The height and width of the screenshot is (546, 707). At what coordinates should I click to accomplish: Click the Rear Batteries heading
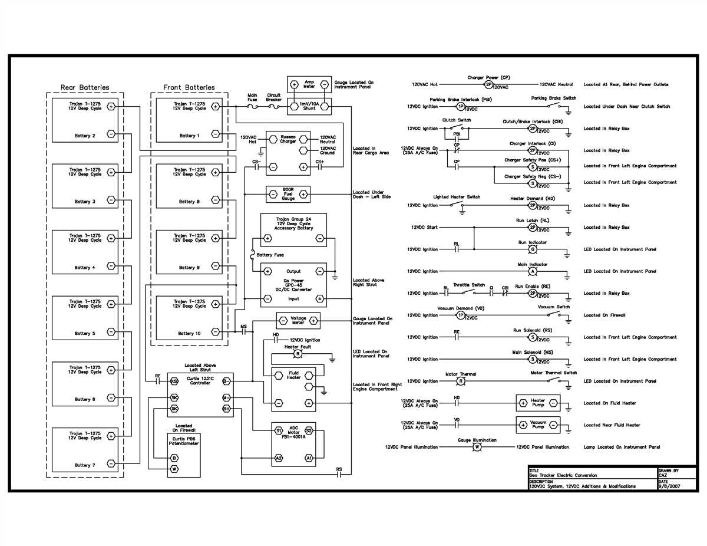coord(85,87)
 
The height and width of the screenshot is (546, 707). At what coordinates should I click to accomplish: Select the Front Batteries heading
coord(189,87)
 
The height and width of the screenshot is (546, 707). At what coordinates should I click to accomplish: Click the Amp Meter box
coord(309,84)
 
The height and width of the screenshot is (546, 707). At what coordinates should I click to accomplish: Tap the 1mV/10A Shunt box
coord(309,106)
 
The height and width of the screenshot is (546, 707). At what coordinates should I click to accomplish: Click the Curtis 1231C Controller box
coord(200,394)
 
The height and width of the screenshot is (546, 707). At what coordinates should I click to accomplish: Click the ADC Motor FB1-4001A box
coord(293,443)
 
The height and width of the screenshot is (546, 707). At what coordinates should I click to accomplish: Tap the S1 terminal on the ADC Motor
coord(279,431)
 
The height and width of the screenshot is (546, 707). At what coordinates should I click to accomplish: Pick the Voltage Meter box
coord(298,321)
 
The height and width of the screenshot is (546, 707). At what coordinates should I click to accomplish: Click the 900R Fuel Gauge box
coord(288,194)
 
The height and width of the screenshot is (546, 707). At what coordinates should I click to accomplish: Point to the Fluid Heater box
coord(293,388)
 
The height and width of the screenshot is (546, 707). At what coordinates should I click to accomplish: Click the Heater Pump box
coord(538,403)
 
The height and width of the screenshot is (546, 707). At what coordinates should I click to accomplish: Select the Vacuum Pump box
coord(538,425)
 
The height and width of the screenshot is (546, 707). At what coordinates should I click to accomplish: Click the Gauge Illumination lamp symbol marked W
coord(477,447)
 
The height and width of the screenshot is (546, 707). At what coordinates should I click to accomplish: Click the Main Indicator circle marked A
coord(532,271)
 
